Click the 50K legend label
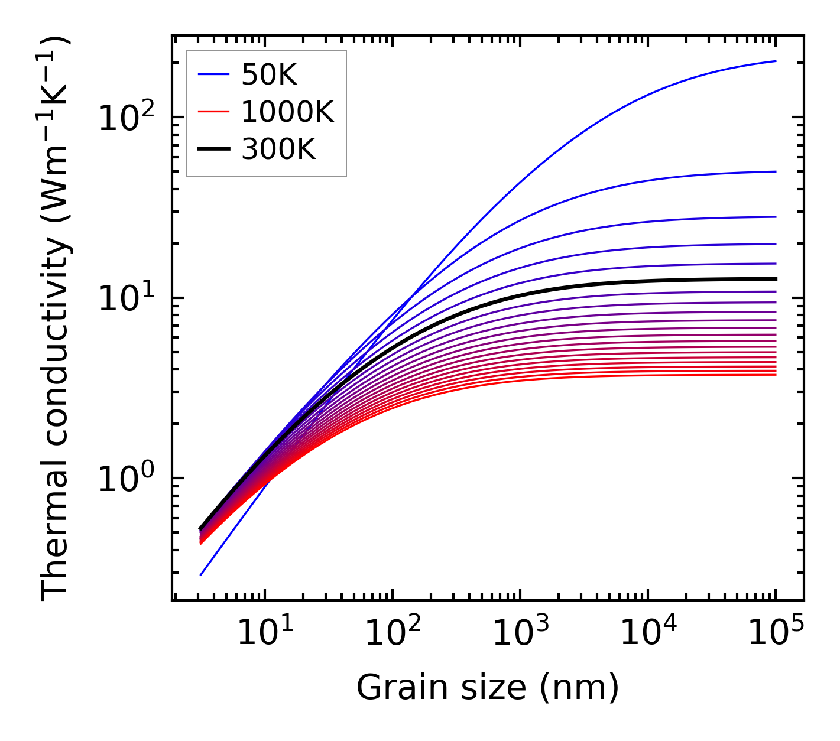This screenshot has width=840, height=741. (269, 74)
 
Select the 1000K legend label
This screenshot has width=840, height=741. (287, 112)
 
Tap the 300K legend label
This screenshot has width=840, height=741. (278, 149)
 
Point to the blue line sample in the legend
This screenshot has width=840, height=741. (213, 74)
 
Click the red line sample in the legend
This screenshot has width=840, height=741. (213, 112)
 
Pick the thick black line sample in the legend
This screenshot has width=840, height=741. (213, 149)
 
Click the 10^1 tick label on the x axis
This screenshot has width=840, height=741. (264, 633)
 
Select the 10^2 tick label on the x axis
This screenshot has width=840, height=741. (392, 633)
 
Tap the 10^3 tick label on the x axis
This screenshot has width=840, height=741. (520, 633)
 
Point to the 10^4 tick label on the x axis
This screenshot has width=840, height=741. (647, 633)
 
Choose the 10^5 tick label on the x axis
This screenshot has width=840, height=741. (775, 633)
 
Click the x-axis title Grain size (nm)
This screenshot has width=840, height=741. (488, 688)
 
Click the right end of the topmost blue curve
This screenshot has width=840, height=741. (775, 61)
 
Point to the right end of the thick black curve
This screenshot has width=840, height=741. (775, 279)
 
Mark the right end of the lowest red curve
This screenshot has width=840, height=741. (775, 375)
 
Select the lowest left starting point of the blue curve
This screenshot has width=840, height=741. (201, 575)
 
